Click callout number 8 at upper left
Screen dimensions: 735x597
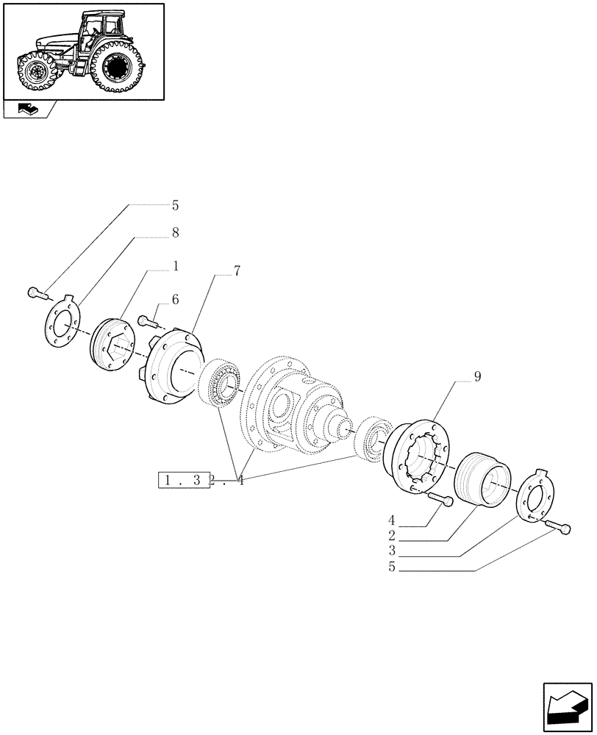(x=176, y=233)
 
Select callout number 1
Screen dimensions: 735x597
(x=176, y=266)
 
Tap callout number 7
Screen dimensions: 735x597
(x=237, y=271)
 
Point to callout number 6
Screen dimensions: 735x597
(x=176, y=299)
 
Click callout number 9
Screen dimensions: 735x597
(x=477, y=376)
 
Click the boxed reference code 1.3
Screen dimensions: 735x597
(x=183, y=481)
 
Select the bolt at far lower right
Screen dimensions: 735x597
(x=560, y=527)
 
